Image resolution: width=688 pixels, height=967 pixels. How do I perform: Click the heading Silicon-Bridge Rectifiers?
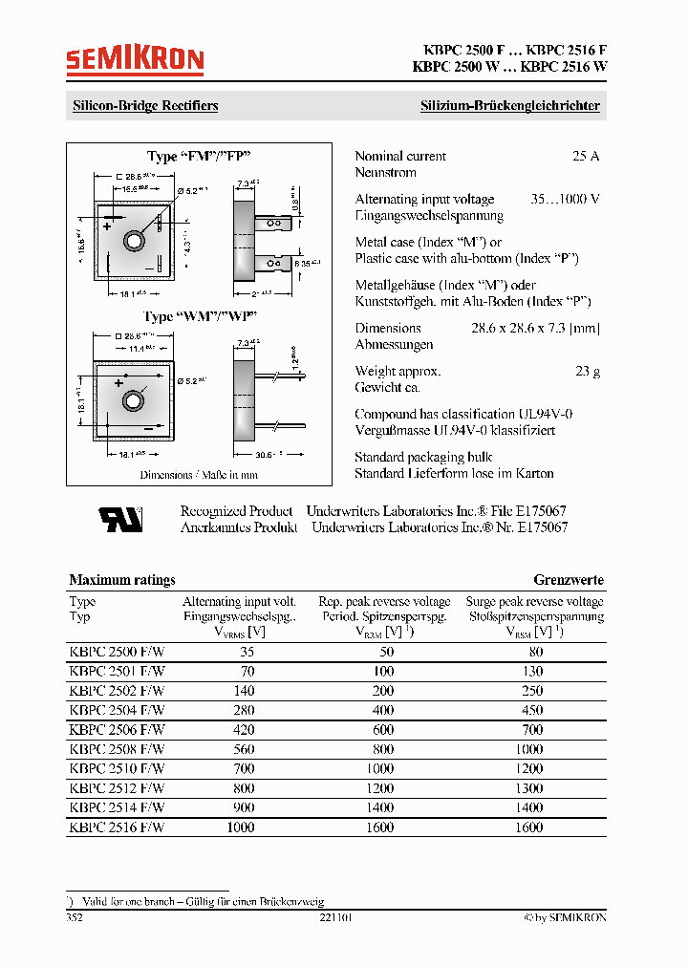[x=145, y=106]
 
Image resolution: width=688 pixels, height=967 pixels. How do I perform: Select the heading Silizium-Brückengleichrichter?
[x=510, y=106]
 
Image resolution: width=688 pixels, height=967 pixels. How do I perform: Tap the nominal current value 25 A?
[x=585, y=156]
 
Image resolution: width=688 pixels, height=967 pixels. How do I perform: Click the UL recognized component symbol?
[x=120, y=519]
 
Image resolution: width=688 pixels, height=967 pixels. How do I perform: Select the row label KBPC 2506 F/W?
[x=117, y=729]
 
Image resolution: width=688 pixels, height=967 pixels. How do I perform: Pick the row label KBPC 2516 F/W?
[x=117, y=827]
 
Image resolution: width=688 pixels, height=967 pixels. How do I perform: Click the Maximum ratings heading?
[x=122, y=580]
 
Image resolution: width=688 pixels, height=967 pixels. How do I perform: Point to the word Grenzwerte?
[x=568, y=580]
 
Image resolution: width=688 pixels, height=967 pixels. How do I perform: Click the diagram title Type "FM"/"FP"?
[x=199, y=156]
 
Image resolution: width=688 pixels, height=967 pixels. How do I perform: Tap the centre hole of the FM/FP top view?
[x=134, y=236]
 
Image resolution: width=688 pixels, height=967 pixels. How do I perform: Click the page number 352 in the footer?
[x=75, y=917]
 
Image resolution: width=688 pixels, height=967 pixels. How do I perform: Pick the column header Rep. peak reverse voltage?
[x=384, y=602]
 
